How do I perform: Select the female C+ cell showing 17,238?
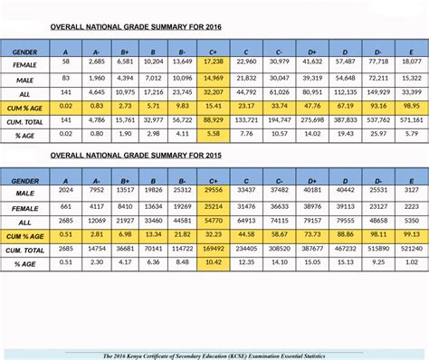tap(214, 62)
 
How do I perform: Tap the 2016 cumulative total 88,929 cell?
tap(214, 119)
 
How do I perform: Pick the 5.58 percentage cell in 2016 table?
tap(214, 134)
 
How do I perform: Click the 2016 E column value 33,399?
tap(411, 90)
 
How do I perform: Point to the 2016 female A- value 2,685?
tap(97, 62)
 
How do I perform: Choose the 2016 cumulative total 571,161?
tap(411, 119)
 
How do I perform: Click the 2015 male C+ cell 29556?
tap(214, 192)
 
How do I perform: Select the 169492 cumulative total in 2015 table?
tap(214, 249)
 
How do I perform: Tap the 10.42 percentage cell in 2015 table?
tap(214, 263)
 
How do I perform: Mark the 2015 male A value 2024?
tap(66, 192)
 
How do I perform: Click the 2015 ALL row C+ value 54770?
tap(214, 220)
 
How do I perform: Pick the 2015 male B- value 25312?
tap(182, 192)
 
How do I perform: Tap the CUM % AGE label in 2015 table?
tap(25, 235)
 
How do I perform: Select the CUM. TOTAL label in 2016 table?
tap(25, 119)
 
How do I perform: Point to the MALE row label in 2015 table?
tap(25, 192)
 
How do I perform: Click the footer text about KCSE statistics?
tap(214, 355)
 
